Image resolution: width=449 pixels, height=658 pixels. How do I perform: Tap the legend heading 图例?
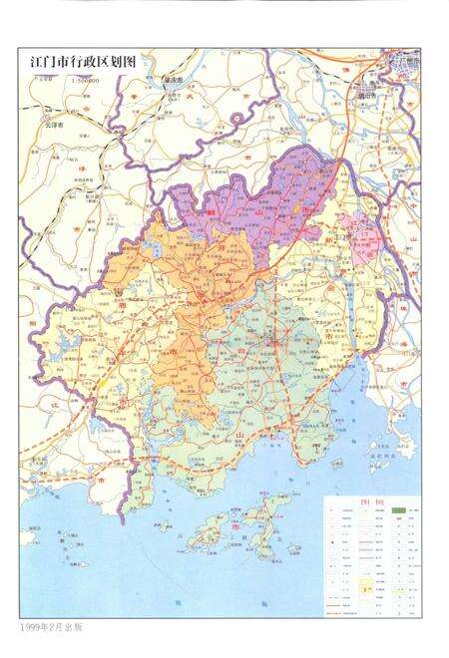pyautogui.click(x=368, y=504)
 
